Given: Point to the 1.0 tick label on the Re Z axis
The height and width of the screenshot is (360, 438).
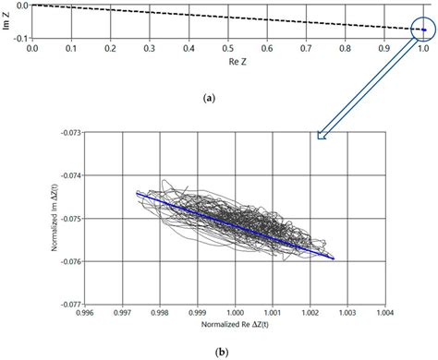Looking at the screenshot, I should (423, 47).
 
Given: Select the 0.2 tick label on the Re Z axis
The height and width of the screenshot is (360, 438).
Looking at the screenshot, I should (110, 47).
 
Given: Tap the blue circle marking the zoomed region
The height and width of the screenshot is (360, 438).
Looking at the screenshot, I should (422, 30).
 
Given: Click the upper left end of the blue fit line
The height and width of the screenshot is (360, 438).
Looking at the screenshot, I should (137, 194).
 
